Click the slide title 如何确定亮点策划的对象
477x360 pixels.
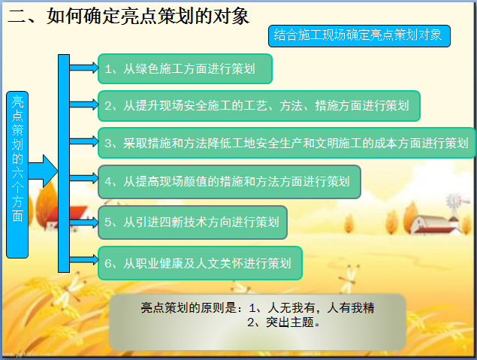click(148, 16)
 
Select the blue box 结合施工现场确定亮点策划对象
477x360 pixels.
click(359, 36)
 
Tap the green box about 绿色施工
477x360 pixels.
click(185, 69)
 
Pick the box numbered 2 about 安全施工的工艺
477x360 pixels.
click(259, 106)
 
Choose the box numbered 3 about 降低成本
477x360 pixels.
click(286, 143)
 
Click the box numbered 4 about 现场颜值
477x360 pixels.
click(229, 182)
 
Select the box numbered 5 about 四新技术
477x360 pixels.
click(192, 222)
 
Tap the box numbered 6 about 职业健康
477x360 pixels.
click(200, 263)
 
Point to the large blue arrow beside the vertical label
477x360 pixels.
click(43, 171)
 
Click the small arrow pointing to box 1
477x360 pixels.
click(84, 68)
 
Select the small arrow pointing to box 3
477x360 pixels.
click(84, 141)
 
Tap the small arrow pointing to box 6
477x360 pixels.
click(84, 259)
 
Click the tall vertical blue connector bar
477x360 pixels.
click(64, 163)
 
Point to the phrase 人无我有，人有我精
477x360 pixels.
click(321, 308)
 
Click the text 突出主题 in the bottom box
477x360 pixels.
click(290, 322)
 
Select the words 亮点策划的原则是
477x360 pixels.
click(189, 308)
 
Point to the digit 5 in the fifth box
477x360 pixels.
click(108, 222)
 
